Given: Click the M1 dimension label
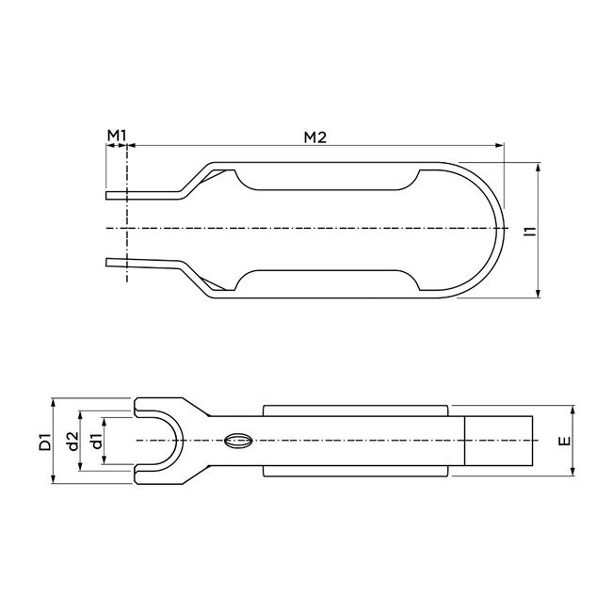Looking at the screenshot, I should pyautogui.click(x=116, y=137).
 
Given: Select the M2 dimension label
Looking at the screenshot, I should pyautogui.click(x=314, y=137).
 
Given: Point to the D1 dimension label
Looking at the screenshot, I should pyautogui.click(x=44, y=441).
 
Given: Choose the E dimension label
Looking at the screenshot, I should pyautogui.click(x=560, y=441).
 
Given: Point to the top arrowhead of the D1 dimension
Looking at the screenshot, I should pyautogui.click(x=55, y=398).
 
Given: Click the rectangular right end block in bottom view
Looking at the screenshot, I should pyautogui.click(x=499, y=441).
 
